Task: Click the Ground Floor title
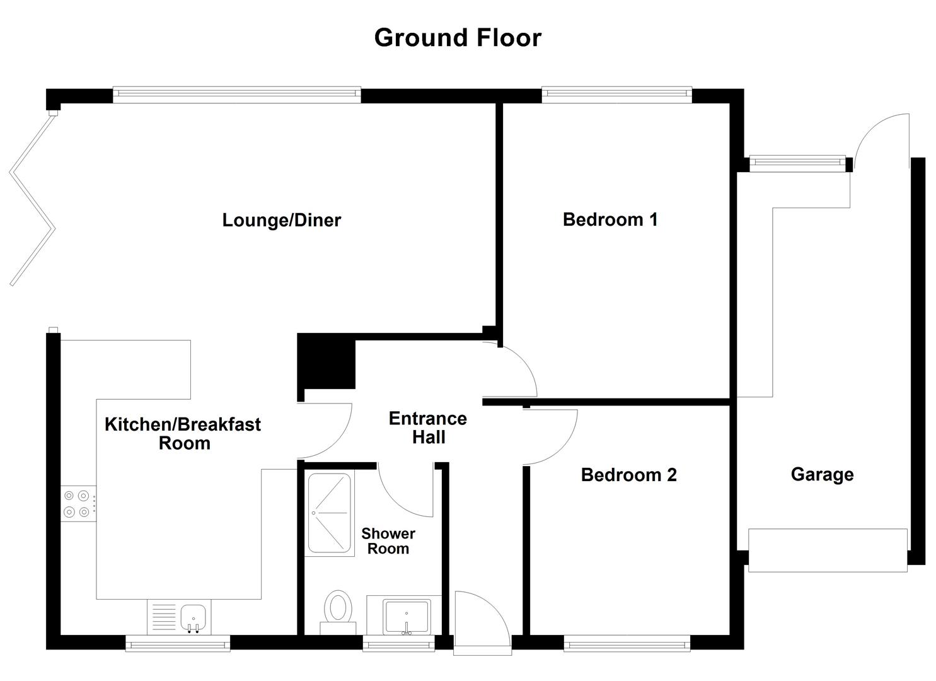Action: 458,38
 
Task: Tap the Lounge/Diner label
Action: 281,220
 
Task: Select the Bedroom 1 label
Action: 610,219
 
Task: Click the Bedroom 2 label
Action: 628,475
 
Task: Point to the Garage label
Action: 822,474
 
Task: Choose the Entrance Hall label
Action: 428,428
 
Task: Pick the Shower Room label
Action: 388,541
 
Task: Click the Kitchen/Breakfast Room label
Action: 183,433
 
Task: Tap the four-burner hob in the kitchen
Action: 78,504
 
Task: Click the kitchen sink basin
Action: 194,615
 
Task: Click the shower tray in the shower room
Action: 328,513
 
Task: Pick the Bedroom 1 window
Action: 616,95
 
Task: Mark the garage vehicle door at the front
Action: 827,550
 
